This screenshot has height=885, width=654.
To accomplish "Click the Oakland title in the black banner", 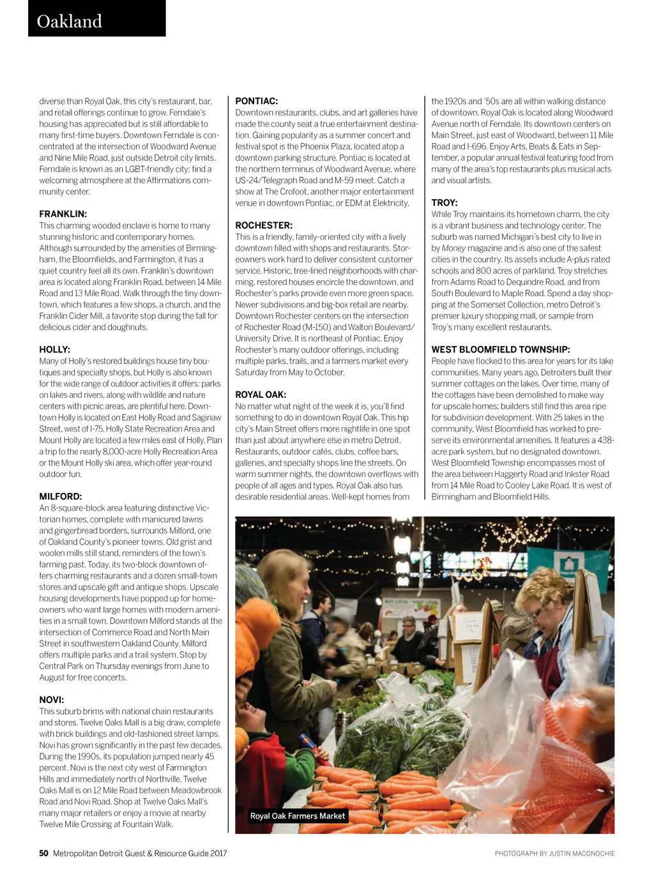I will (69, 21).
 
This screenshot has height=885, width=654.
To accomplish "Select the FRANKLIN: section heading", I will (63, 214).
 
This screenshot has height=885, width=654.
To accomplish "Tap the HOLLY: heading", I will (55, 349).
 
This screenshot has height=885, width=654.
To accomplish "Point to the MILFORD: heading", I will (61, 496).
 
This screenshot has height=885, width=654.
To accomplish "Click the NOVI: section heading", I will (52, 700).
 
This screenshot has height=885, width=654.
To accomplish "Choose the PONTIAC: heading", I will (257, 101).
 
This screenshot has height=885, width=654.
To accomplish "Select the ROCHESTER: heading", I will (264, 225).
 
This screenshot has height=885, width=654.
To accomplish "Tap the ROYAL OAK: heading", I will (261, 395).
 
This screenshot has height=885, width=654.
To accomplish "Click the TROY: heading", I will (445, 202).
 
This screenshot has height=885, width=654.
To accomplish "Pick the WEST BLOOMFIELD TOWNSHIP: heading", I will (501, 349).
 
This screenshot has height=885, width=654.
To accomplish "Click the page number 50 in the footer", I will (43, 853).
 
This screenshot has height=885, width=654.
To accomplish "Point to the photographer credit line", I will (554, 854).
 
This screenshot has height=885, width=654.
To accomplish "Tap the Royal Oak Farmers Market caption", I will (298, 816).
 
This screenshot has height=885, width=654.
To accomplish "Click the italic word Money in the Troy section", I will (453, 248).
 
